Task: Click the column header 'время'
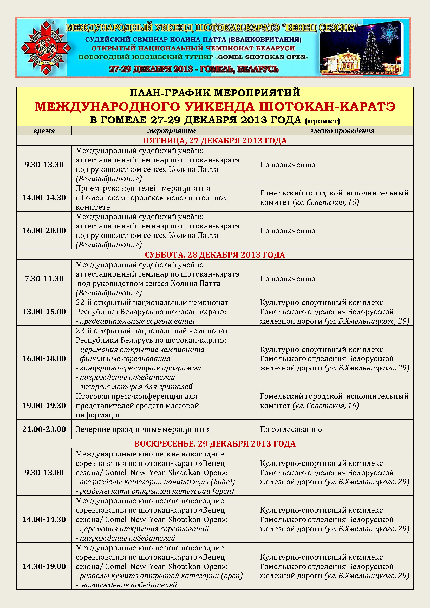44,131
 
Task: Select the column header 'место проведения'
342,131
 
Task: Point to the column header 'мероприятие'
171,131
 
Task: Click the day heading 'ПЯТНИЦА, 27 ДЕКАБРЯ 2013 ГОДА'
215,141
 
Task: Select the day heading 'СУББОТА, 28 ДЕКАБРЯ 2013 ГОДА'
215,255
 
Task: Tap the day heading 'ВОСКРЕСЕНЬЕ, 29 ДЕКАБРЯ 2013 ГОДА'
215,444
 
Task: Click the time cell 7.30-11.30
44,279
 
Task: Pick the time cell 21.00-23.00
44,429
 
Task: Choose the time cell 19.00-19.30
44,406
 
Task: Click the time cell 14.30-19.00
44,566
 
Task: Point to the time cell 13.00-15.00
44,312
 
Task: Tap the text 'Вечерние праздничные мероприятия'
143,429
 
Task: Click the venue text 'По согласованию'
291,429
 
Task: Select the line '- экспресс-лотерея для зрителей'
134,387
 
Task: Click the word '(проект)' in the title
322,121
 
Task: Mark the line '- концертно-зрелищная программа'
139,368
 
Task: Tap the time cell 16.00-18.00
44,358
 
